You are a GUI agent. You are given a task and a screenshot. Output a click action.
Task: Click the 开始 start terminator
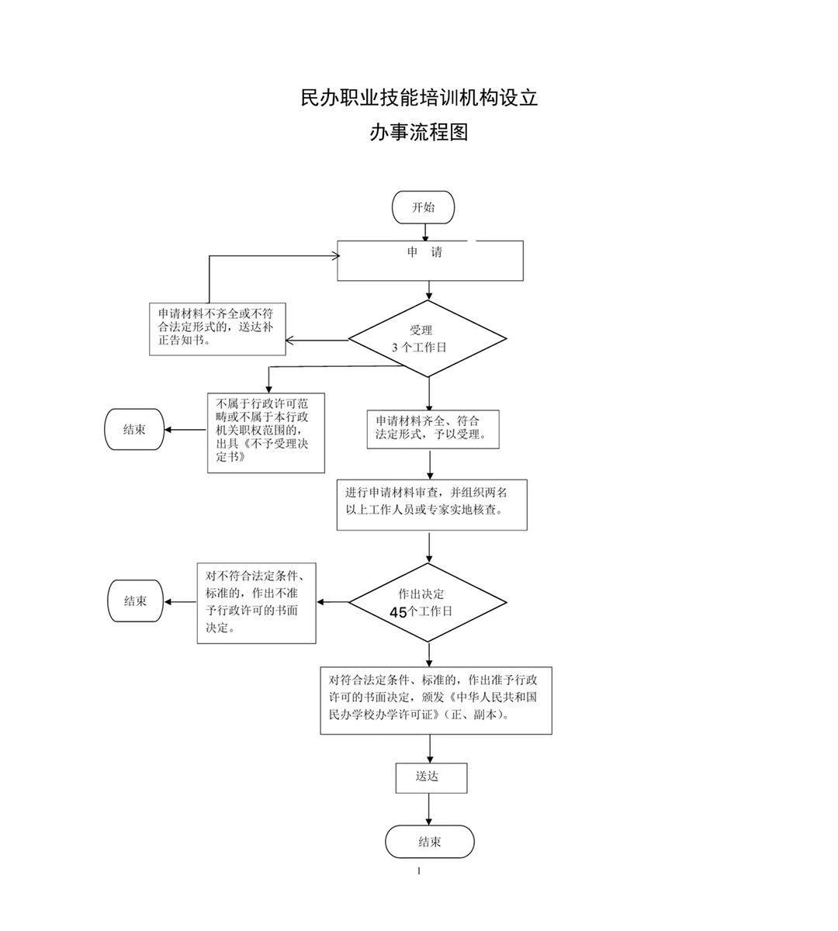click(423, 207)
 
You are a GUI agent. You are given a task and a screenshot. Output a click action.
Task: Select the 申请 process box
click(430, 260)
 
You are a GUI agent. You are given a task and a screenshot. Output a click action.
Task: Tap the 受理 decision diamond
click(428, 339)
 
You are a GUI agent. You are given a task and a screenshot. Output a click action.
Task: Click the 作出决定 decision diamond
click(428, 602)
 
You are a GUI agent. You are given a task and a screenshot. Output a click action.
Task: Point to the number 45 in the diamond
click(398, 612)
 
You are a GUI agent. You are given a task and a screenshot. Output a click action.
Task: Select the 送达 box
click(431, 777)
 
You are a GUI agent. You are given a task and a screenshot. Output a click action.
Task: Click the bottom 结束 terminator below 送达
click(430, 842)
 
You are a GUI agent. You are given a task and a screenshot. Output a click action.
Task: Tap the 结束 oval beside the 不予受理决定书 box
click(134, 430)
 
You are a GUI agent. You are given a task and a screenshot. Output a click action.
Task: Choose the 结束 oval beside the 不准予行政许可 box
click(136, 600)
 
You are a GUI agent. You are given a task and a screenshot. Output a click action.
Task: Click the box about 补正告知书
click(217, 329)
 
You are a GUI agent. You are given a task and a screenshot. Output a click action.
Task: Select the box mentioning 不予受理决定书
click(266, 433)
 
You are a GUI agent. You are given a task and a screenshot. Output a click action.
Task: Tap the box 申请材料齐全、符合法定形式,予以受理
click(433, 429)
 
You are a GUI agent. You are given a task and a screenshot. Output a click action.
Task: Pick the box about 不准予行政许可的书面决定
click(256, 602)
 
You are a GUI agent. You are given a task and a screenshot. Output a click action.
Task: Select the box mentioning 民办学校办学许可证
click(436, 699)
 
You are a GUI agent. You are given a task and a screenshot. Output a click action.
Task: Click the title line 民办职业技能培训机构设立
click(419, 99)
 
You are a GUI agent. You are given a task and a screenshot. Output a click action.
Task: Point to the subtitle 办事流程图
click(419, 133)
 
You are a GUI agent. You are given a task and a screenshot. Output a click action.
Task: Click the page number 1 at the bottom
click(419, 871)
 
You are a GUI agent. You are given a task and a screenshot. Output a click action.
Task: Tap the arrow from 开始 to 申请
click(425, 231)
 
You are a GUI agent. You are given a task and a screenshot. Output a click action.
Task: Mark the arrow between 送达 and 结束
click(429, 809)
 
